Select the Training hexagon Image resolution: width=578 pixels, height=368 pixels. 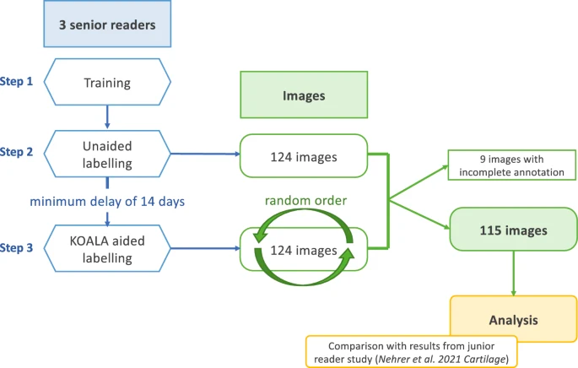pyautogui.click(x=106, y=82)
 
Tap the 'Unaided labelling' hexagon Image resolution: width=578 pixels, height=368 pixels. pyautogui.click(x=106, y=154)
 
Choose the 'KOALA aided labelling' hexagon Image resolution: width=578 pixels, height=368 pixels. pyautogui.click(x=106, y=249)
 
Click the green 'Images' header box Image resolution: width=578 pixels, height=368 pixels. pyautogui.click(x=304, y=95)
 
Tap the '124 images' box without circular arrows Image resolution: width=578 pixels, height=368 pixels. pyautogui.click(x=304, y=155)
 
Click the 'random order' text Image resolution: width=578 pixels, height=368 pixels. pyautogui.click(x=305, y=201)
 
